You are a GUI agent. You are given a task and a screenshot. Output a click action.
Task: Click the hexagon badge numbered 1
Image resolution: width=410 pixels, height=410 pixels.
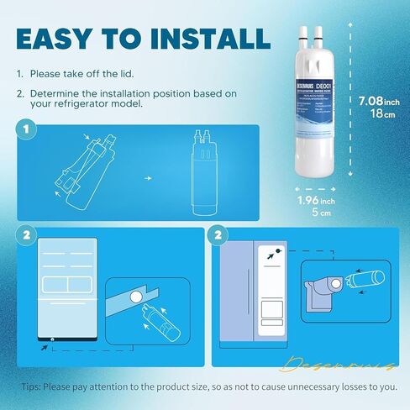[28, 130]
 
